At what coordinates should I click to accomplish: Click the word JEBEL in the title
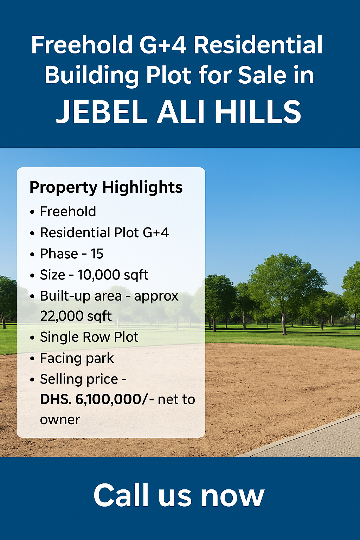pos(101,111)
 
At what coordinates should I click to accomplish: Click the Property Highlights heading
pos(106,187)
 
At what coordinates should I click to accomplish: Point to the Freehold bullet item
pos(68,212)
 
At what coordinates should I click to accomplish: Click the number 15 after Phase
pos(97,254)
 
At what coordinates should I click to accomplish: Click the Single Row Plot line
pos(89,337)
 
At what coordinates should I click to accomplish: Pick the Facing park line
pos(77,358)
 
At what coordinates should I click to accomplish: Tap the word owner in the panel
pos(60,420)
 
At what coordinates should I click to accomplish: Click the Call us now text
pos(179,495)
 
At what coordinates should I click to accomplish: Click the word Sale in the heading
pos(262,75)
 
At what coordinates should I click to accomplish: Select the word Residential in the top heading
pos(258,45)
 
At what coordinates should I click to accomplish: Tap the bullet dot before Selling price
pos(32,380)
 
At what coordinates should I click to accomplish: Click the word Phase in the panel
pos(59,254)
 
